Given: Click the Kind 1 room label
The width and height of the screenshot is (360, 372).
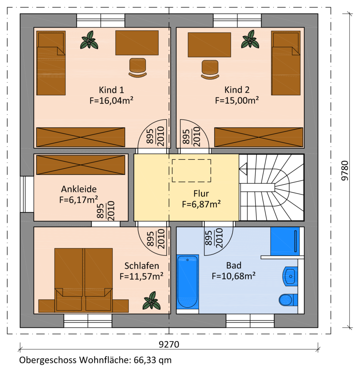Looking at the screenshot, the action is pyautogui.click(x=111, y=90).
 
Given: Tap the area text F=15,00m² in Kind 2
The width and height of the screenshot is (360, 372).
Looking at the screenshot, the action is pyautogui.click(x=237, y=100).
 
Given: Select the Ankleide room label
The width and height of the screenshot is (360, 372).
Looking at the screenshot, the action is pyautogui.click(x=79, y=189).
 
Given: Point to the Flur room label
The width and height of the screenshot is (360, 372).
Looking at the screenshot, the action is pyautogui.click(x=201, y=194).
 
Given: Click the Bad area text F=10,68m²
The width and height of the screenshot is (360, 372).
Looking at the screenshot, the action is pyautogui.click(x=234, y=276).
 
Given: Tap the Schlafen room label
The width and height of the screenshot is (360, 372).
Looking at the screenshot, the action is pyautogui.click(x=142, y=266).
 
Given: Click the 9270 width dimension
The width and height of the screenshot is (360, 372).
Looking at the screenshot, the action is pyautogui.click(x=169, y=344).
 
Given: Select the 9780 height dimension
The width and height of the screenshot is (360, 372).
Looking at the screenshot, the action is pyautogui.click(x=345, y=171).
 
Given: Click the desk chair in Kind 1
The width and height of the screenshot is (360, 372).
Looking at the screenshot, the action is pyautogui.click(x=137, y=68).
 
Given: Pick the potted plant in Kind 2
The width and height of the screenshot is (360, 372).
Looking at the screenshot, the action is pyautogui.click(x=250, y=40).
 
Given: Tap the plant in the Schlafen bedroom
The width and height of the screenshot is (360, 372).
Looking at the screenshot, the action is pyautogui.click(x=151, y=301).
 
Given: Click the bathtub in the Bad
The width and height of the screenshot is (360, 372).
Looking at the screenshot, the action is pyautogui.click(x=188, y=282).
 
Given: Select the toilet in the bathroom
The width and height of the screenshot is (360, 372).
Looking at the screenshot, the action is pyautogui.click(x=288, y=300).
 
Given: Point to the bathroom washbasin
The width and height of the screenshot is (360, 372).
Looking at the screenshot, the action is pyautogui.click(x=290, y=276).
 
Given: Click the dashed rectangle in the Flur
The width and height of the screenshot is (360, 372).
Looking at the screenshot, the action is pyautogui.click(x=191, y=171).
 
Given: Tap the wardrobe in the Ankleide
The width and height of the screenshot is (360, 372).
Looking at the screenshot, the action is pyautogui.click(x=80, y=165).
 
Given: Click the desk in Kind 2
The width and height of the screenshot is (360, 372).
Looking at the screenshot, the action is pyautogui.click(x=209, y=45).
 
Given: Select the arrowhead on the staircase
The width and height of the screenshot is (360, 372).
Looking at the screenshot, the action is pyautogui.click(x=243, y=169).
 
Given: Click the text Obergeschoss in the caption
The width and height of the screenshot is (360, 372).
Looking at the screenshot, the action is pyautogui.click(x=48, y=360).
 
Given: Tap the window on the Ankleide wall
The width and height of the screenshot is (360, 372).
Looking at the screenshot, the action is pyautogui.click(x=27, y=194).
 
